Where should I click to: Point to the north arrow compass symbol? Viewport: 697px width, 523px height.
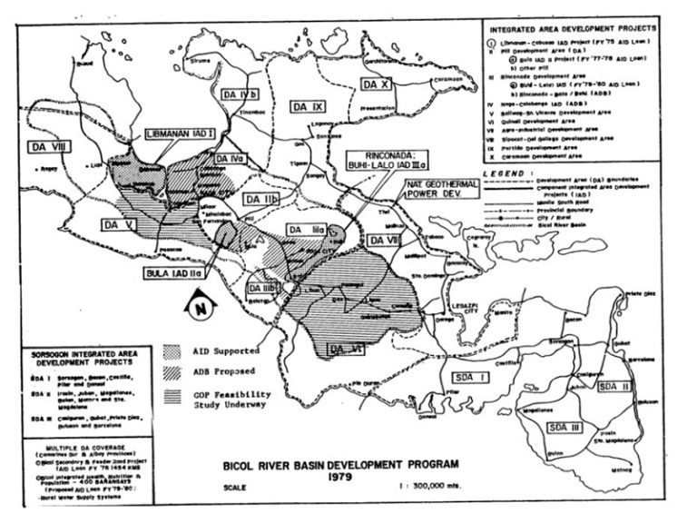[199, 310]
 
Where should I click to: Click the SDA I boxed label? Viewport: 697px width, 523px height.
[497, 375]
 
